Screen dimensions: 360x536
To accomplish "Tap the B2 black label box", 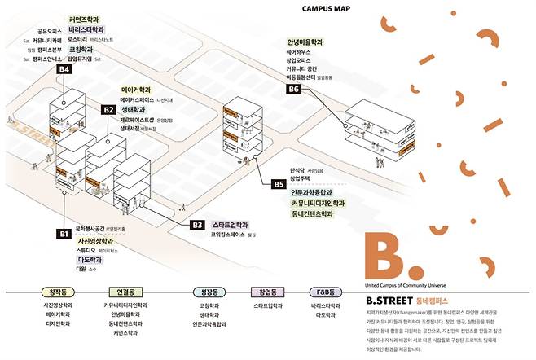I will click(108, 109).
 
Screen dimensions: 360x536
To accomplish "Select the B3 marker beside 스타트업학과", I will click(196, 225).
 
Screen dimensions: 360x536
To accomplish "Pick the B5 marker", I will click(278, 185).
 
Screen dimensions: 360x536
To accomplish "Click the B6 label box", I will click(294, 89).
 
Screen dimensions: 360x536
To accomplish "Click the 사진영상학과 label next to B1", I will click(95, 241).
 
